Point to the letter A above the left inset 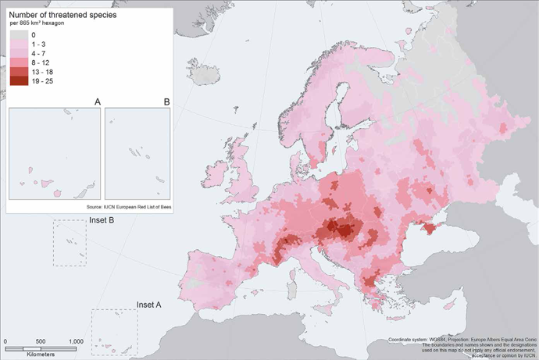(96, 102)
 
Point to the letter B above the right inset (166, 102)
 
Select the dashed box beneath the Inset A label (114, 331)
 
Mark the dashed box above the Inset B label (70, 242)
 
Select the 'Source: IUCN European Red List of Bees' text (127, 208)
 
